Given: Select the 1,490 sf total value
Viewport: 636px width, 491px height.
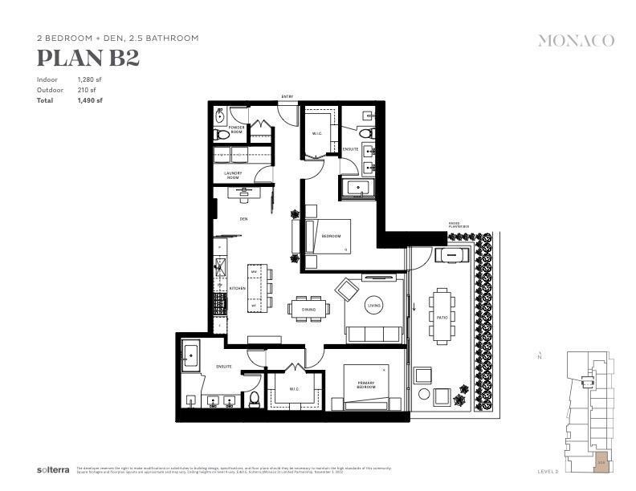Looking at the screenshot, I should click(x=90, y=100).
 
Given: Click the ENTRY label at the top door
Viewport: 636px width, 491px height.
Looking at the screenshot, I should click(x=287, y=98).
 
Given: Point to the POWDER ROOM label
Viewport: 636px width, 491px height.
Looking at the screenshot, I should click(x=236, y=129).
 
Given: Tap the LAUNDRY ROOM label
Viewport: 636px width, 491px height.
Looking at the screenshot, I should click(x=233, y=174).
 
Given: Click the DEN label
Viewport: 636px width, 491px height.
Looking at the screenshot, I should click(x=243, y=218).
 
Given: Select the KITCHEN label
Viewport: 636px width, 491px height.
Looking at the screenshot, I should click(x=237, y=288).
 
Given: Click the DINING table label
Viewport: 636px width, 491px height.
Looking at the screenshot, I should click(x=308, y=310).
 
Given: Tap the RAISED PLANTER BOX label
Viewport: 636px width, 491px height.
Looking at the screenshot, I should click(x=460, y=227).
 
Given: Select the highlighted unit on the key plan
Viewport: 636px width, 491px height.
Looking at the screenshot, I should click(x=601, y=461).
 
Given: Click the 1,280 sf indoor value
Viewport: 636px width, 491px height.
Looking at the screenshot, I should click(x=90, y=80).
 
